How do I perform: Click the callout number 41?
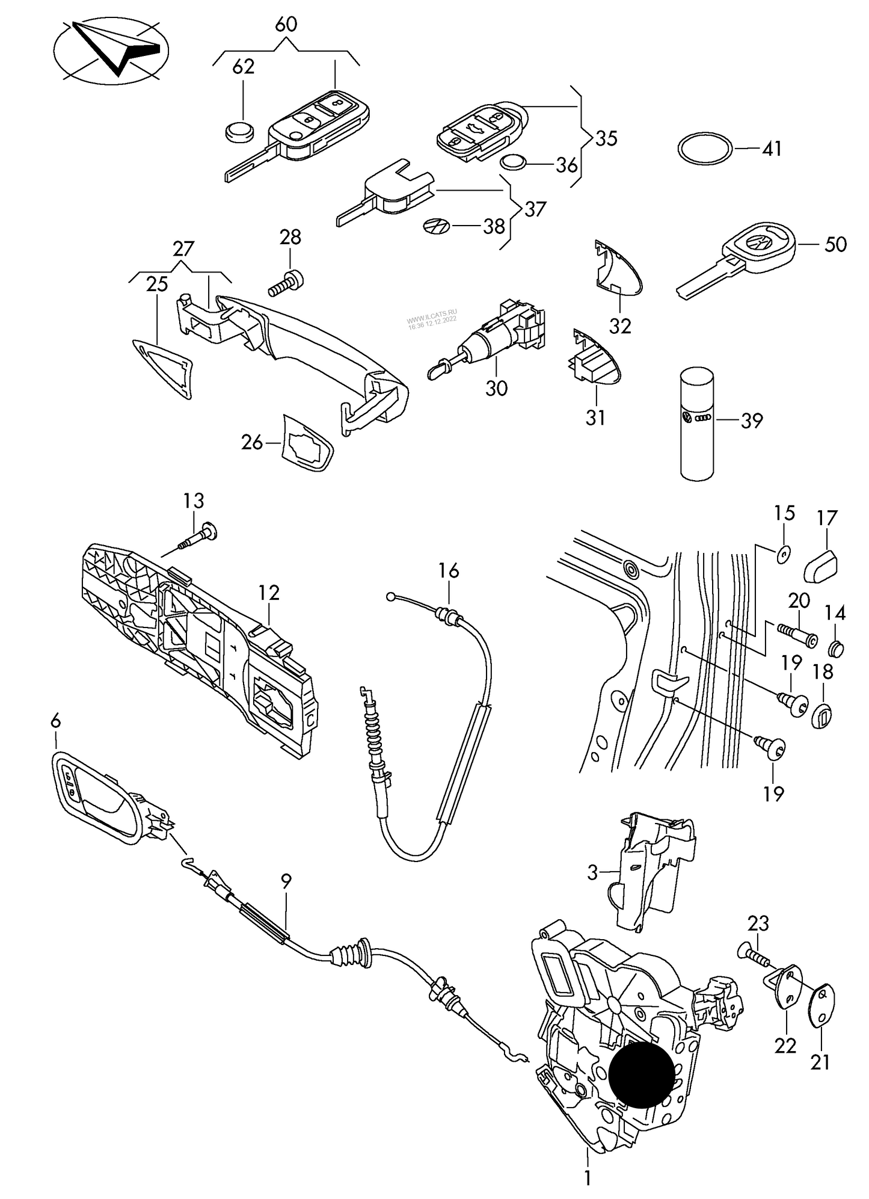(772, 148)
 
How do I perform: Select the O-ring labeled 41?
(705, 148)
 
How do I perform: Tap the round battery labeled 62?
(239, 132)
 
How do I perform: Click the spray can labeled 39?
(697, 424)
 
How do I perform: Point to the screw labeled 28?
(286, 283)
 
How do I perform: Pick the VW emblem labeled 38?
(435, 226)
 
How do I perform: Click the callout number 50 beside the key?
(835, 244)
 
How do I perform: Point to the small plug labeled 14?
(836, 649)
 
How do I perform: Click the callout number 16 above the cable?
(449, 570)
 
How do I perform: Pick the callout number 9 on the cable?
(286, 881)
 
